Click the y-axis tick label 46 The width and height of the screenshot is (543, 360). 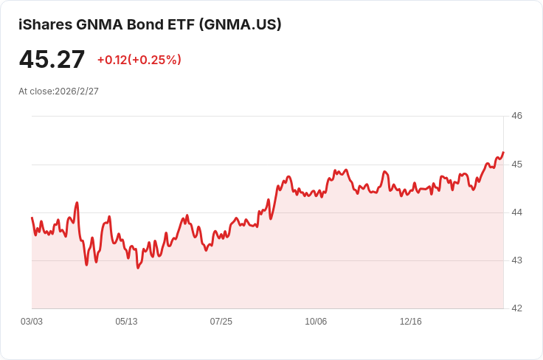(x=516, y=116)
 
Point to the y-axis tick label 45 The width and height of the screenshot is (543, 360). (x=516, y=164)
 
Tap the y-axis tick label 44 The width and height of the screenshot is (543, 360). (x=516, y=212)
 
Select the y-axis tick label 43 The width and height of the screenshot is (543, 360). (x=516, y=260)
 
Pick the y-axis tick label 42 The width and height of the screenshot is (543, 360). (x=516, y=308)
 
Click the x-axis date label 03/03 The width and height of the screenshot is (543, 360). (x=32, y=322)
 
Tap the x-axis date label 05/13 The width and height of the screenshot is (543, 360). (x=126, y=322)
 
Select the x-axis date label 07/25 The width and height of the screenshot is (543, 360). (x=221, y=322)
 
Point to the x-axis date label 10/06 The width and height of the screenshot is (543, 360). (x=316, y=322)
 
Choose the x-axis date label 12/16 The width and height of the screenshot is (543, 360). (x=410, y=322)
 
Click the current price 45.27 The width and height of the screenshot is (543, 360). (x=52, y=60)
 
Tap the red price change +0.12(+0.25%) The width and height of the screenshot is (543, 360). (x=139, y=60)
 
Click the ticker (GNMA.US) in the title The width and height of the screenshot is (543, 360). (x=241, y=24)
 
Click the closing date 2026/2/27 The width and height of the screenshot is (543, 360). (x=77, y=91)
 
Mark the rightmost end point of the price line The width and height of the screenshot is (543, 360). (x=503, y=153)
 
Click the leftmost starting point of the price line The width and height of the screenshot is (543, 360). (x=32, y=218)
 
